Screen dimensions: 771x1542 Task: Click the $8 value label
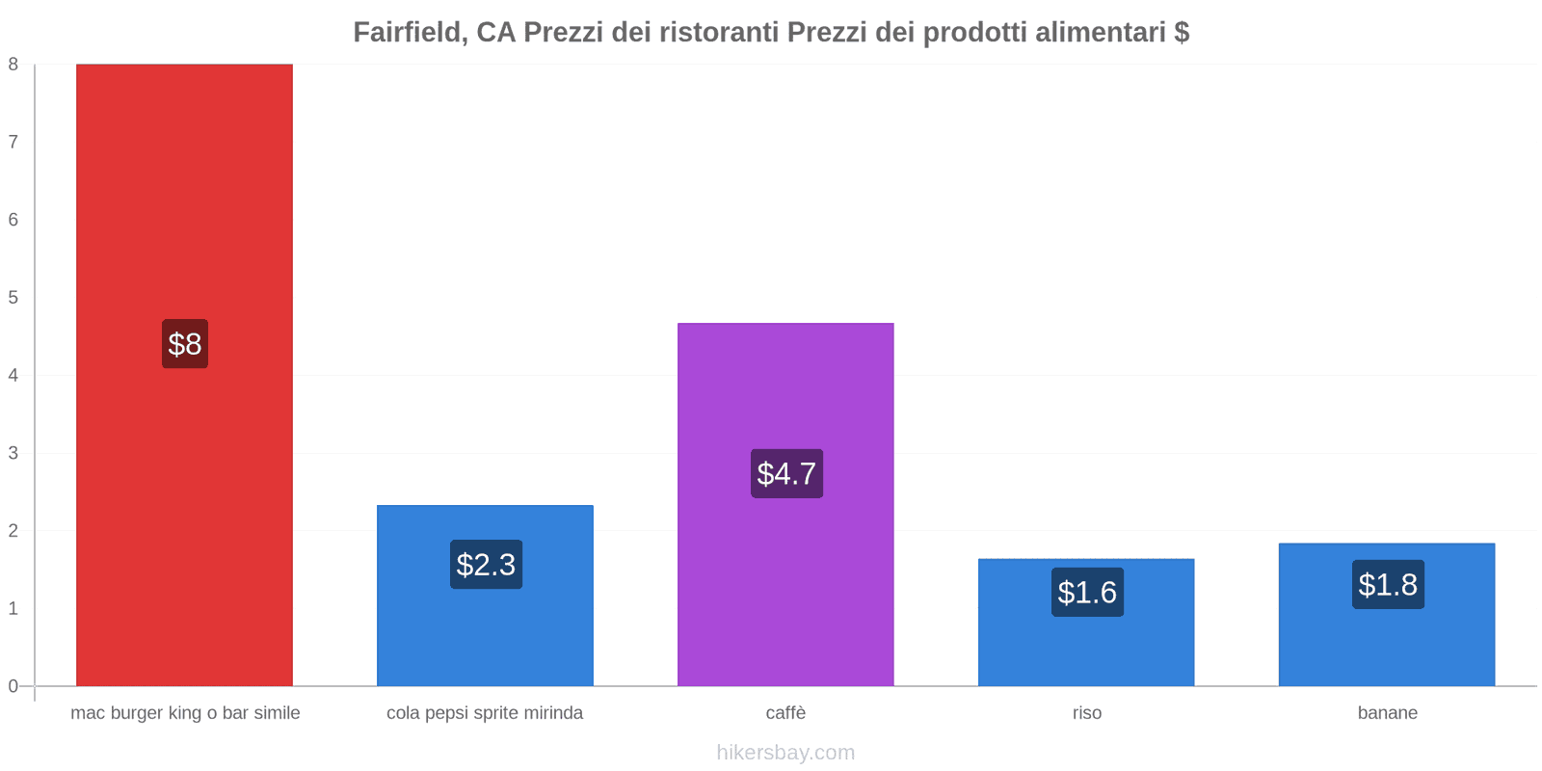[185, 344]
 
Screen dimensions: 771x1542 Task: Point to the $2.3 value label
[486, 565]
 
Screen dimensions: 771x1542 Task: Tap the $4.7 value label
[786, 474]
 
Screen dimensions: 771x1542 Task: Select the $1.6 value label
[1087, 593]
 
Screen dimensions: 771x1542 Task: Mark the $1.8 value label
[1388, 585]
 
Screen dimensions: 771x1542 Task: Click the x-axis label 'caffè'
[785, 713]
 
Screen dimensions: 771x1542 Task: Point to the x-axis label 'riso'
[1087, 713]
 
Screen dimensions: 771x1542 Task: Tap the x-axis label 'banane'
[1388, 713]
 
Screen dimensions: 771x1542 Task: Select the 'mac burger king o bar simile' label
[185, 713]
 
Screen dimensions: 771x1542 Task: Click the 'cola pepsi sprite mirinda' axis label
[485, 713]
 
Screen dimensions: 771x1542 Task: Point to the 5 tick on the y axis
[13, 298]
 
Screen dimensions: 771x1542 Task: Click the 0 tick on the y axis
[13, 686]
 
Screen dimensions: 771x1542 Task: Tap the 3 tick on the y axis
[13, 453]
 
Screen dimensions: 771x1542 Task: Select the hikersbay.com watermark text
[785, 753]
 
